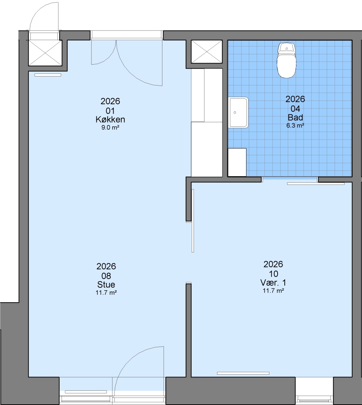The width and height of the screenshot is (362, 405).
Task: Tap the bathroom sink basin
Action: tap(238, 112)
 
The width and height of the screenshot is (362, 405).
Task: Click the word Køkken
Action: tap(110, 119)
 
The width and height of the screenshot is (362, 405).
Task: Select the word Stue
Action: tap(106, 284)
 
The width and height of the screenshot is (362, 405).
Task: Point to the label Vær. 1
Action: tap(273, 282)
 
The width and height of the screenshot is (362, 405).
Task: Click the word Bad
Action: tap(295, 117)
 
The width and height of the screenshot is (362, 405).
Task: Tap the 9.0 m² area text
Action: tap(110, 127)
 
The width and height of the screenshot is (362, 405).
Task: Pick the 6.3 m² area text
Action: tap(295, 126)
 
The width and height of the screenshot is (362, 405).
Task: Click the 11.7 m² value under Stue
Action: tap(106, 292)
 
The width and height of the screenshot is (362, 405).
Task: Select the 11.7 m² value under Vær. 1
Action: tap(273, 291)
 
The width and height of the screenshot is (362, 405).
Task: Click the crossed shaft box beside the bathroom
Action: tap(207, 52)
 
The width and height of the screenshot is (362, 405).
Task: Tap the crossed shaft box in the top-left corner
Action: tap(45, 53)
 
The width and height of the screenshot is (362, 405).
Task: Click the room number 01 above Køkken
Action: tap(110, 111)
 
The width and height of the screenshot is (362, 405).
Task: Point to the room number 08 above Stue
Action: tap(106, 276)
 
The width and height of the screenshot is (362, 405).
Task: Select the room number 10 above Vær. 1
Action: tap(273, 274)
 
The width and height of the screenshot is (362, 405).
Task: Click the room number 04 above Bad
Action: tap(295, 109)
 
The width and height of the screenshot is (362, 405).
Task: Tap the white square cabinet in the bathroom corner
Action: tap(237, 162)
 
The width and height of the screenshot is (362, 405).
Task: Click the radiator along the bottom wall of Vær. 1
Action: tap(243, 373)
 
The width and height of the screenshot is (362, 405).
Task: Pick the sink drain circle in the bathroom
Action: tap(235, 112)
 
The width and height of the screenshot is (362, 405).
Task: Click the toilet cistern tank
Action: tap(287, 48)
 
